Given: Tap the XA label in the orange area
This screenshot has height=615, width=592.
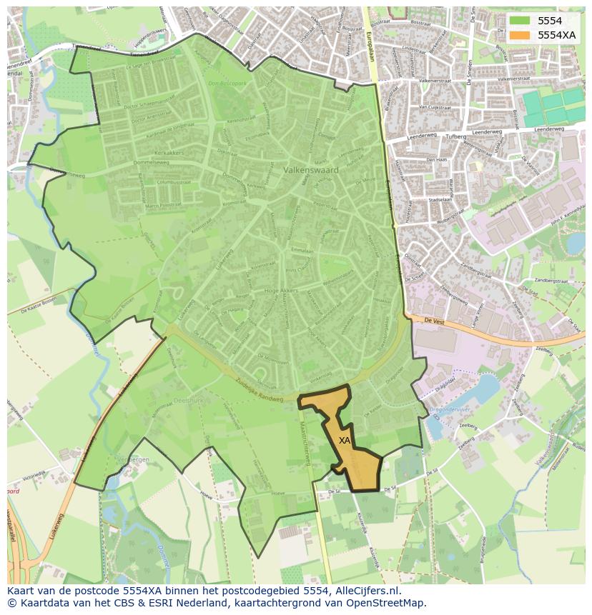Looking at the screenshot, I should coord(345,441).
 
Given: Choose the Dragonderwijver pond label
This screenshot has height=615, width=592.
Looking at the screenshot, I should coord(448,409).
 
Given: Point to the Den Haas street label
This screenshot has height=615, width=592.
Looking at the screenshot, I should coord(437,160).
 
